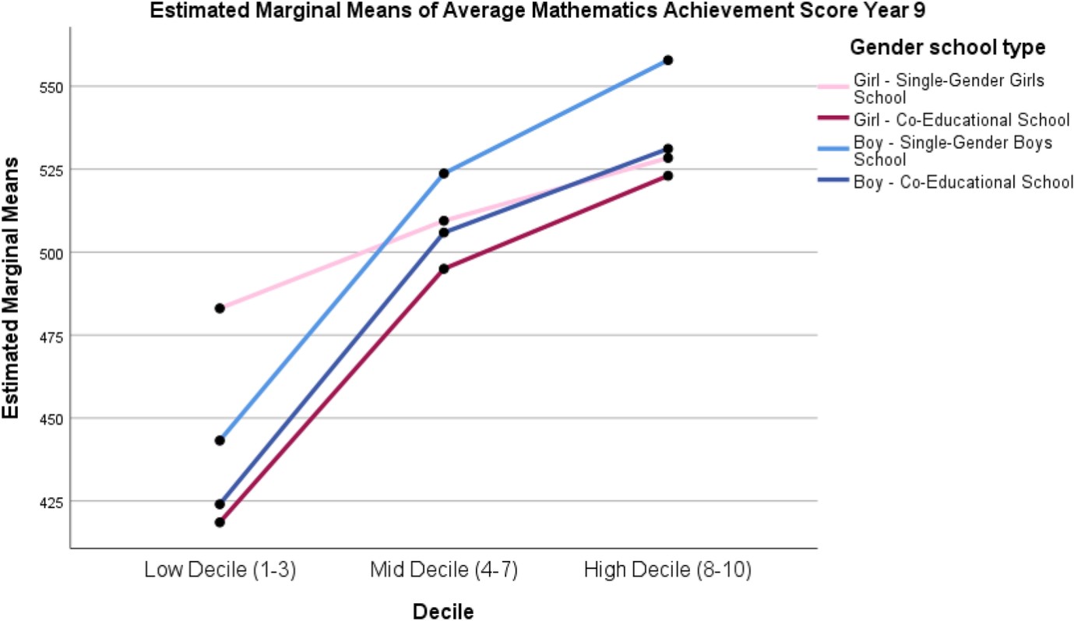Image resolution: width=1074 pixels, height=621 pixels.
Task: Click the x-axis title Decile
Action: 443,612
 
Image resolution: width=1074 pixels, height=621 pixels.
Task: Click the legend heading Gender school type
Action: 947,48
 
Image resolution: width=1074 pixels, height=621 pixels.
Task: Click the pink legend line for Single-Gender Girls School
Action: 833,88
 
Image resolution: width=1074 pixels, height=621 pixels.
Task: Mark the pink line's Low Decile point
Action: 220,309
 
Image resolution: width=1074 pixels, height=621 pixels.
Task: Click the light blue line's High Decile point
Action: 667,60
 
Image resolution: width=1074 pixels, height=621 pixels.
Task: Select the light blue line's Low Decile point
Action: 220,440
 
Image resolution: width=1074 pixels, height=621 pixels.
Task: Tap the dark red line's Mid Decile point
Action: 443,269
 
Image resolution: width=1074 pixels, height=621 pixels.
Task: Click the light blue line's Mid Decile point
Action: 443,173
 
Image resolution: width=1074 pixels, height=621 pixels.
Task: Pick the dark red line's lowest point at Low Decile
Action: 220,522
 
